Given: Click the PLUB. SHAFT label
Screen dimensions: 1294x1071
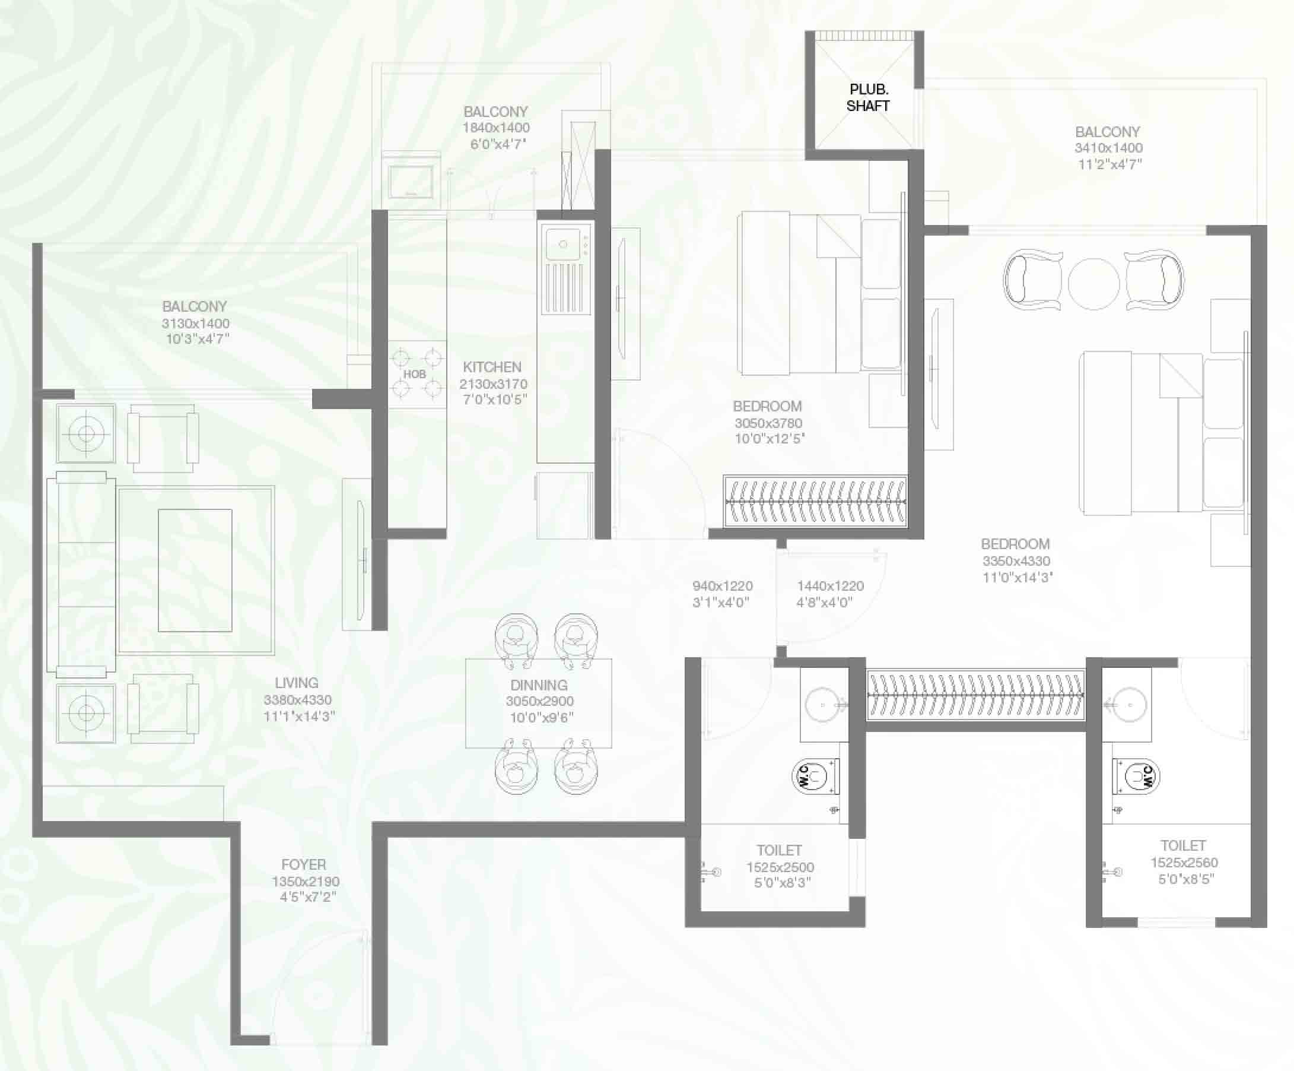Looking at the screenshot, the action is (x=868, y=97).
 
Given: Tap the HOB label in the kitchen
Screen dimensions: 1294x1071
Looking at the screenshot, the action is (x=415, y=374).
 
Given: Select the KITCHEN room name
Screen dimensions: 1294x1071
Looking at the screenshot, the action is (x=492, y=367).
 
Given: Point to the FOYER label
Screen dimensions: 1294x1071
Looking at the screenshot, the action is (x=303, y=864).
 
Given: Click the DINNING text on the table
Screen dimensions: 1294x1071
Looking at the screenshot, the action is (x=539, y=685).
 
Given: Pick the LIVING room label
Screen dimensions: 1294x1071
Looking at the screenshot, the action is (x=297, y=683).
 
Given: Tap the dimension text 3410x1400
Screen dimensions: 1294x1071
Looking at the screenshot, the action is (x=1108, y=148).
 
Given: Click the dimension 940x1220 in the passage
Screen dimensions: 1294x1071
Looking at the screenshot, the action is (x=722, y=586).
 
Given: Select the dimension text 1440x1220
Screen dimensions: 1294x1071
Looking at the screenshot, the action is (x=830, y=586).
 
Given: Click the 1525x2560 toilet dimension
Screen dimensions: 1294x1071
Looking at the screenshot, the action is (x=1184, y=863).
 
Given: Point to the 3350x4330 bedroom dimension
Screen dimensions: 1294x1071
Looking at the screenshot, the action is (x=1016, y=561).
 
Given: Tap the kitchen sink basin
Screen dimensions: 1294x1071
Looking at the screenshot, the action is (x=562, y=244).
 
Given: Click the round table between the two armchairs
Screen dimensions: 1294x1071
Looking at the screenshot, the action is (x=1093, y=284).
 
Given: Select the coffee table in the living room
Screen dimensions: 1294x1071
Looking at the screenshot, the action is (x=195, y=571).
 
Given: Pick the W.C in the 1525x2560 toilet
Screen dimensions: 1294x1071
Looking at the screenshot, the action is (x=1136, y=777).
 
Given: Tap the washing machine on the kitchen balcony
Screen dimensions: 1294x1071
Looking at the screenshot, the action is (x=411, y=180).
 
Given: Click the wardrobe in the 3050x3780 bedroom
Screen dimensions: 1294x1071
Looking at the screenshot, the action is (x=815, y=501).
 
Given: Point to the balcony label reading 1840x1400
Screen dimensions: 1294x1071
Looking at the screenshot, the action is (x=496, y=128).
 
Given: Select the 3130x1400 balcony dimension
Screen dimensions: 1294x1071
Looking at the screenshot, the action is (x=195, y=323).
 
